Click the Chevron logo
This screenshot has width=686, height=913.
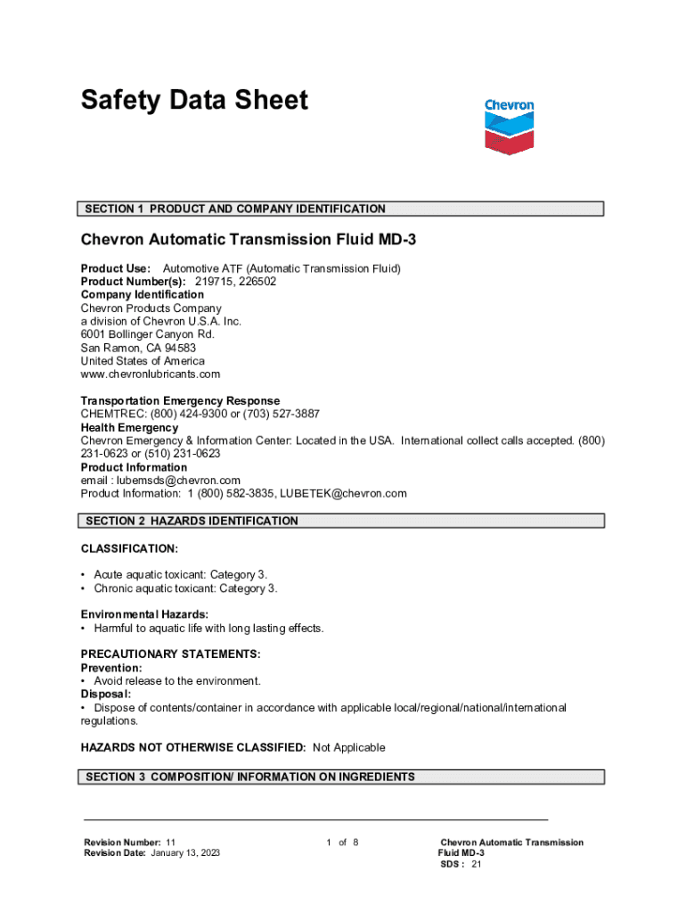(x=509, y=127)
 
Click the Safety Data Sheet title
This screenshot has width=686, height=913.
(x=194, y=100)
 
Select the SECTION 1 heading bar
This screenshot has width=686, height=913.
(x=342, y=209)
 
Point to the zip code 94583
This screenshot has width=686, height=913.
(x=178, y=348)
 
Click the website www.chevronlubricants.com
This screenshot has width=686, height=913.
(x=150, y=374)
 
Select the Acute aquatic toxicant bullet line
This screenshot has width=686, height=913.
(x=179, y=575)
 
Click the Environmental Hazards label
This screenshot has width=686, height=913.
(x=144, y=614)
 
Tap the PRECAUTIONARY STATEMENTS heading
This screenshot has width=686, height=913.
(x=170, y=654)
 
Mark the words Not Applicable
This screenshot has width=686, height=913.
(x=348, y=747)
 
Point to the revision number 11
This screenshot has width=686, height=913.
(x=170, y=843)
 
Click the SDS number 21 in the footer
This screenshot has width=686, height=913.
(x=477, y=864)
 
